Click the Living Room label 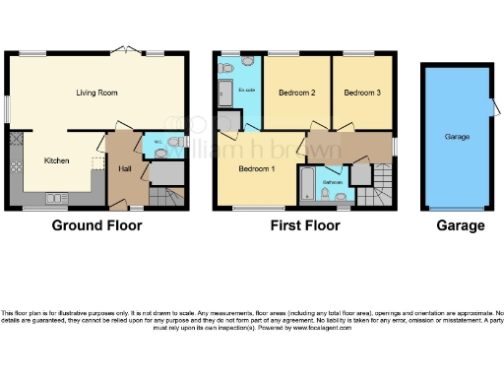point(96,93)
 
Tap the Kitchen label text point(55,159)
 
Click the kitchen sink point(53,198)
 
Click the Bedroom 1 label point(258,168)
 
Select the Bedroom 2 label point(296,94)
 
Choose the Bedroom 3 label point(361,94)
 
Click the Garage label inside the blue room point(455,136)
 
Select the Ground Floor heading point(96,225)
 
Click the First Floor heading point(305,225)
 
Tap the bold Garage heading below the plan point(461,225)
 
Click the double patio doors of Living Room point(124,49)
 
